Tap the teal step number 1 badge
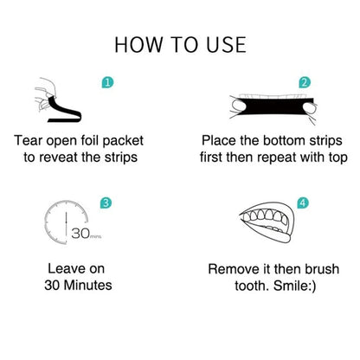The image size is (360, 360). (x=106, y=83)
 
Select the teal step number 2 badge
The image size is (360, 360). (x=304, y=83)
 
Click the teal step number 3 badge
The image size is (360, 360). (x=106, y=202)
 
